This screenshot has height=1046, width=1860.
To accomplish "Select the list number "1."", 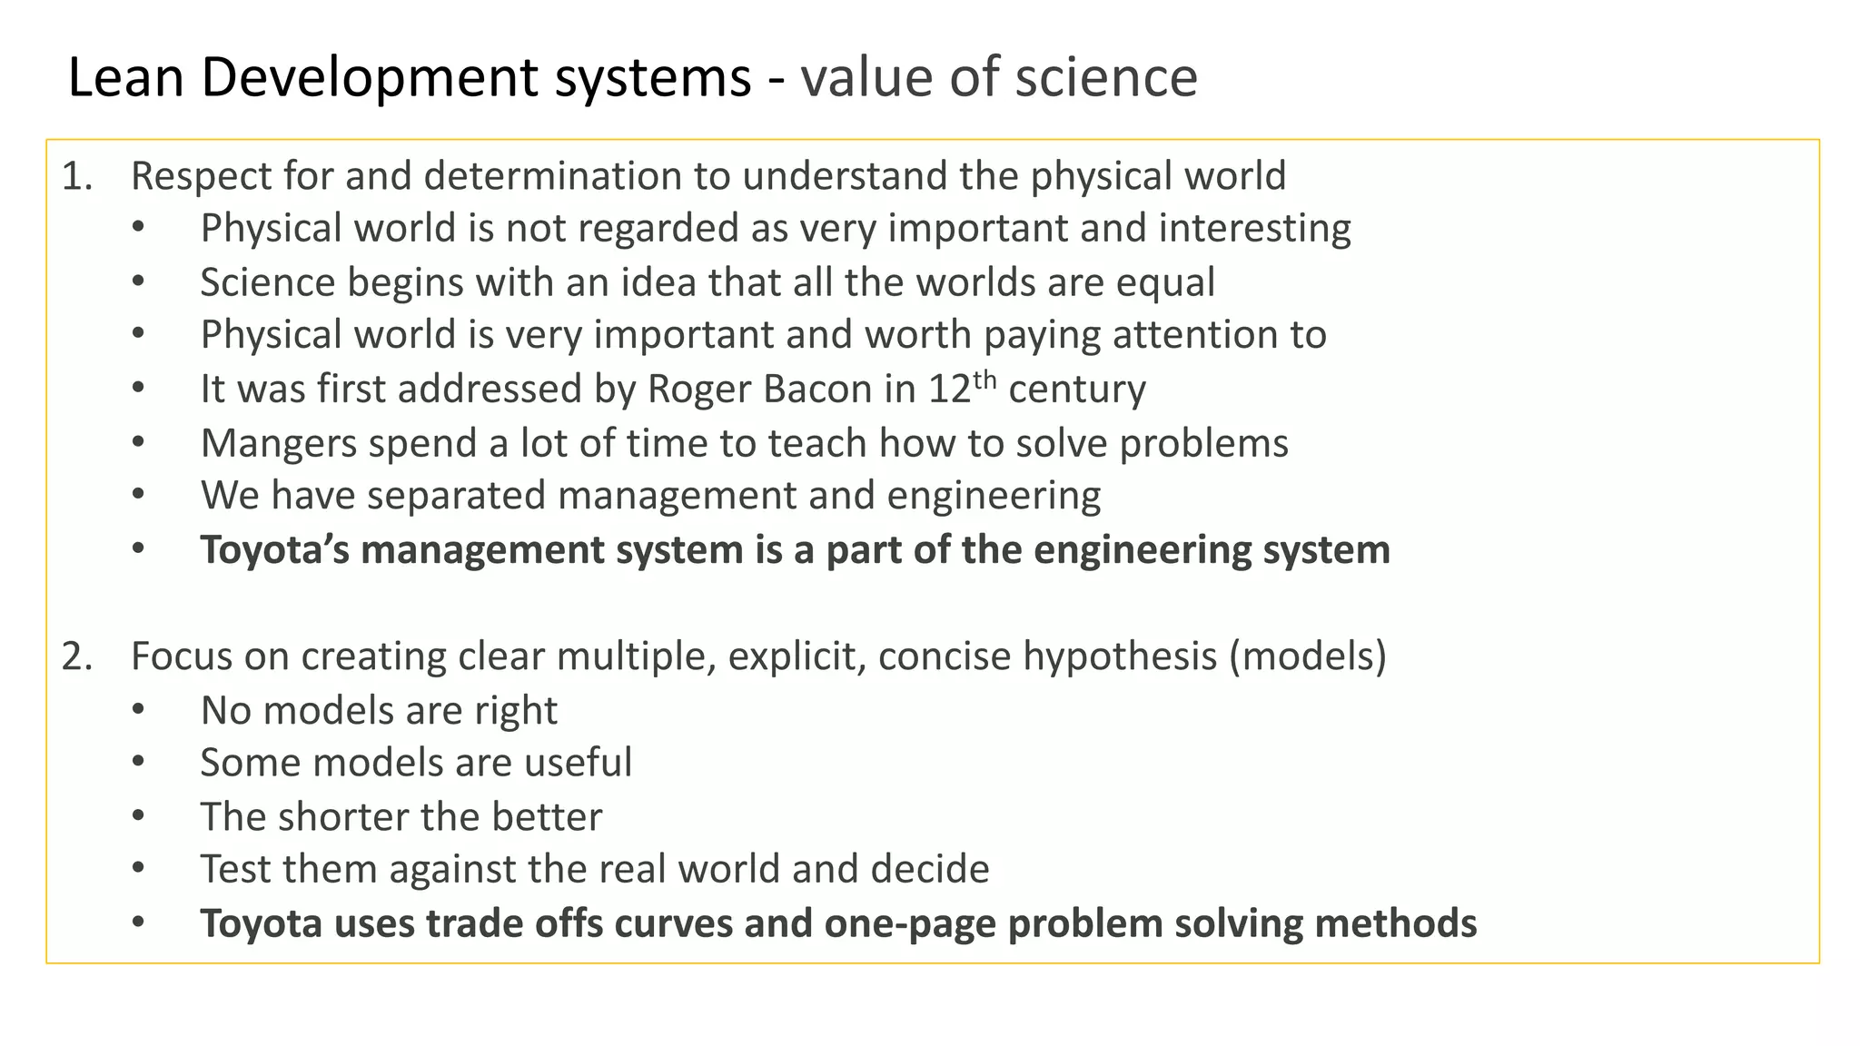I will click(x=77, y=176).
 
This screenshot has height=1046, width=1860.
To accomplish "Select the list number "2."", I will click(x=77, y=656).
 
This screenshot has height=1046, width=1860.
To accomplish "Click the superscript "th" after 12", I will click(x=984, y=380).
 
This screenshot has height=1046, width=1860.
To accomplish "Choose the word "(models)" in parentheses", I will click(x=1308, y=656).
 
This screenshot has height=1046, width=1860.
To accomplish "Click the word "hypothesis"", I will click(x=1120, y=656).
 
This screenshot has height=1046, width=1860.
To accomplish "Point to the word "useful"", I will click(x=582, y=763).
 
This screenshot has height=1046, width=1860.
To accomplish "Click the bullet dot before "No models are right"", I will click(x=138, y=709).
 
